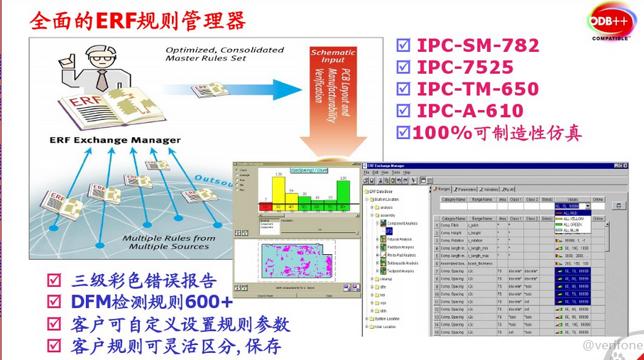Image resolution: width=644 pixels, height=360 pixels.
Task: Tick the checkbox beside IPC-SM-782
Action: click(x=403, y=46)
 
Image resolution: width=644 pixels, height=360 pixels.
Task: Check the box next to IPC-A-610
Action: click(x=403, y=111)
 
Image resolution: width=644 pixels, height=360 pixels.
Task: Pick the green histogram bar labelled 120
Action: click(x=344, y=195)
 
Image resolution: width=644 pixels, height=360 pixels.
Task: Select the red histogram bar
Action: click(x=264, y=208)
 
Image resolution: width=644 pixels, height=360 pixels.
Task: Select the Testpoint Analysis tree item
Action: click(x=403, y=271)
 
